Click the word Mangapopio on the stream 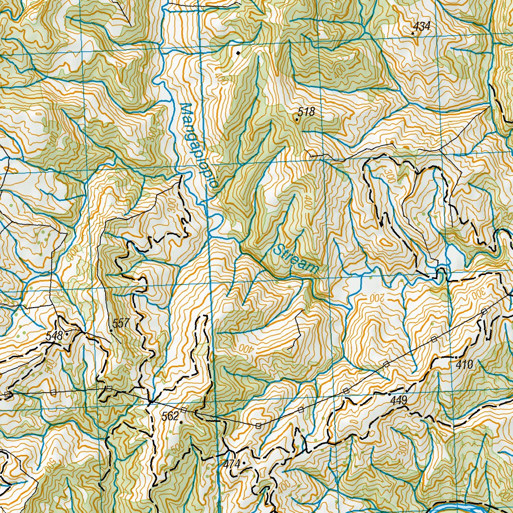(x=198, y=145)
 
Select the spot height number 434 (x=422, y=27)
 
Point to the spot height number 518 (x=306, y=112)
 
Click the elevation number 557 (x=121, y=324)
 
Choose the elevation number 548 (x=54, y=336)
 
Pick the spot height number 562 (x=170, y=416)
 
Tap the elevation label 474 (x=232, y=463)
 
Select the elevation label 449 (x=399, y=400)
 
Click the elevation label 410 (x=464, y=365)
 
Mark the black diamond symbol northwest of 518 (x=238, y=52)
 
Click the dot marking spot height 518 (x=297, y=120)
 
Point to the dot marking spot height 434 (x=412, y=34)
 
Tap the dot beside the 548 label (x=66, y=331)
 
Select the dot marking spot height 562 (x=180, y=422)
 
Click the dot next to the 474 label (x=244, y=463)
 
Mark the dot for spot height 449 (x=389, y=395)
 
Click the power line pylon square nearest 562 (x=183, y=410)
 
